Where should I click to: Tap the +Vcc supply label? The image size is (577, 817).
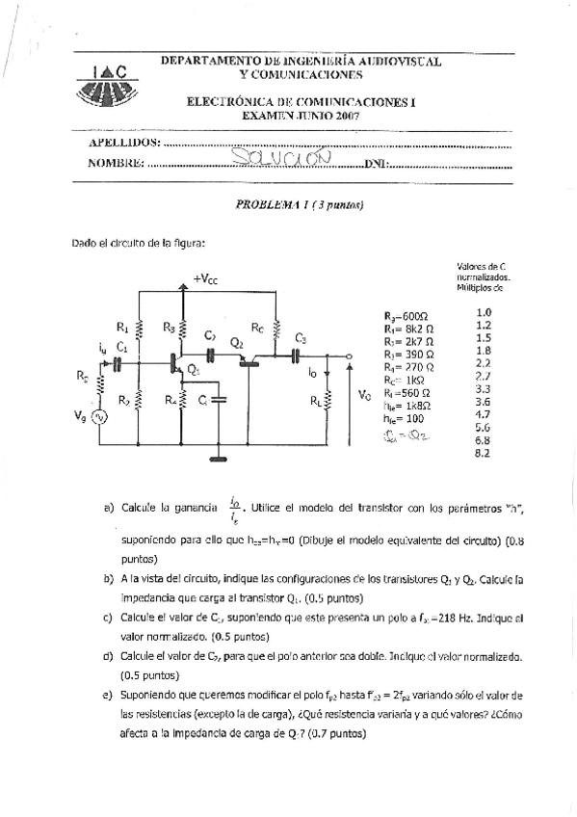tap(205, 278)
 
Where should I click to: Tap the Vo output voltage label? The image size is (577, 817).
tap(363, 395)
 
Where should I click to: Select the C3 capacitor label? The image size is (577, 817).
tap(301, 339)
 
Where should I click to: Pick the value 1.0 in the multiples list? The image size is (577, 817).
tap(484, 312)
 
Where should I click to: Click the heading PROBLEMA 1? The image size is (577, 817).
tap(271, 205)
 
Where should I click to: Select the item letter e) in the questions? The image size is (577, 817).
tap(106, 695)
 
